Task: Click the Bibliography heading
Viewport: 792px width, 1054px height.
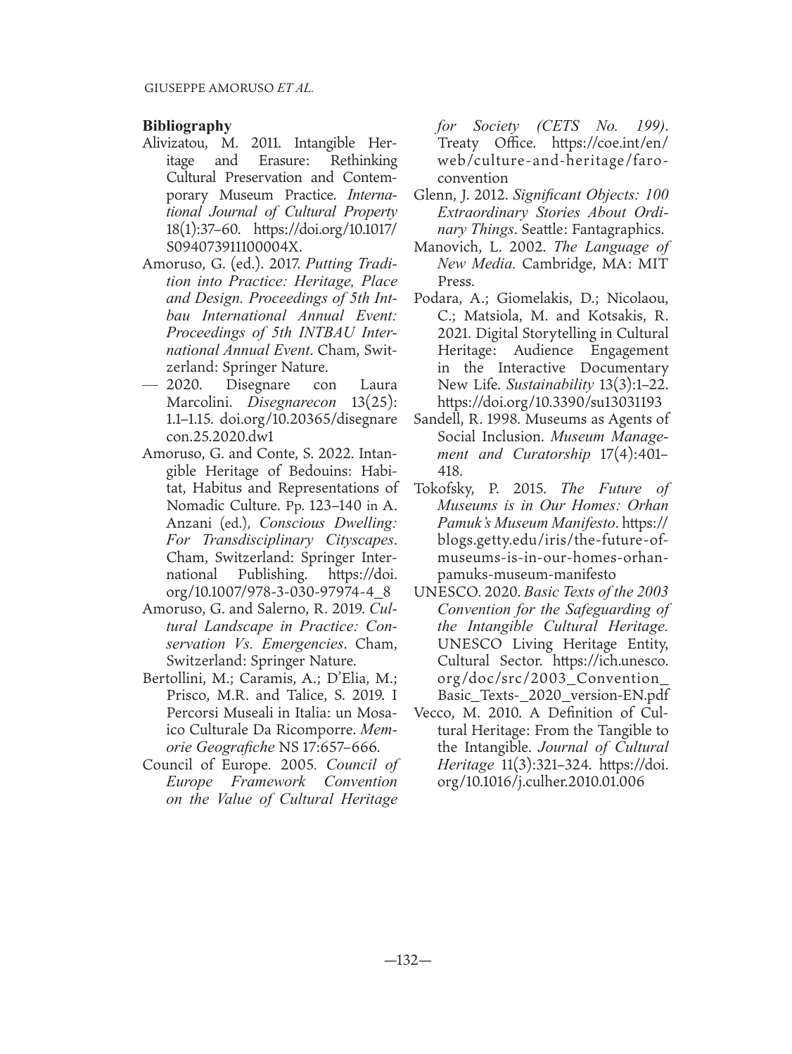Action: pos(186,126)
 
